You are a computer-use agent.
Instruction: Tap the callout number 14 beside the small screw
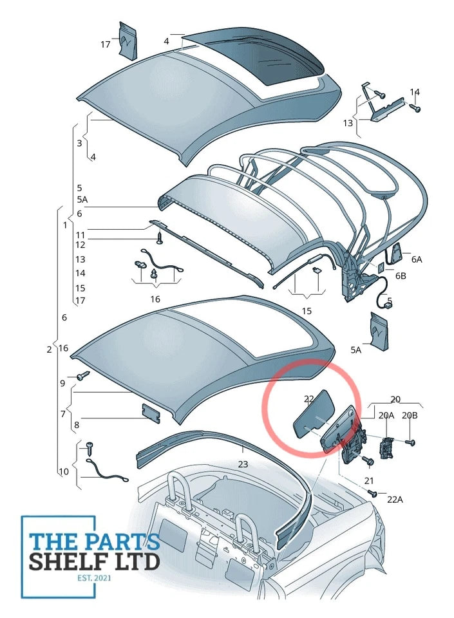click(x=415, y=93)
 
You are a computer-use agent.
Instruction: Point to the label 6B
click(x=401, y=276)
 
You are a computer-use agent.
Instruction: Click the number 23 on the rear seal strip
click(x=242, y=464)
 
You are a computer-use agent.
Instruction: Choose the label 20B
click(x=410, y=415)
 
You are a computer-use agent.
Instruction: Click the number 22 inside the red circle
click(x=309, y=400)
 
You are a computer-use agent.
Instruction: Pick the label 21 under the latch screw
click(x=368, y=480)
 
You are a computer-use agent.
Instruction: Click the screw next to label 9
click(x=82, y=375)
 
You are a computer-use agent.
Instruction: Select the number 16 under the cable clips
click(x=155, y=299)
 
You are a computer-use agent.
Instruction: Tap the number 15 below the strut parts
click(x=307, y=312)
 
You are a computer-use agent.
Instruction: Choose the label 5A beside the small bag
click(x=355, y=350)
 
